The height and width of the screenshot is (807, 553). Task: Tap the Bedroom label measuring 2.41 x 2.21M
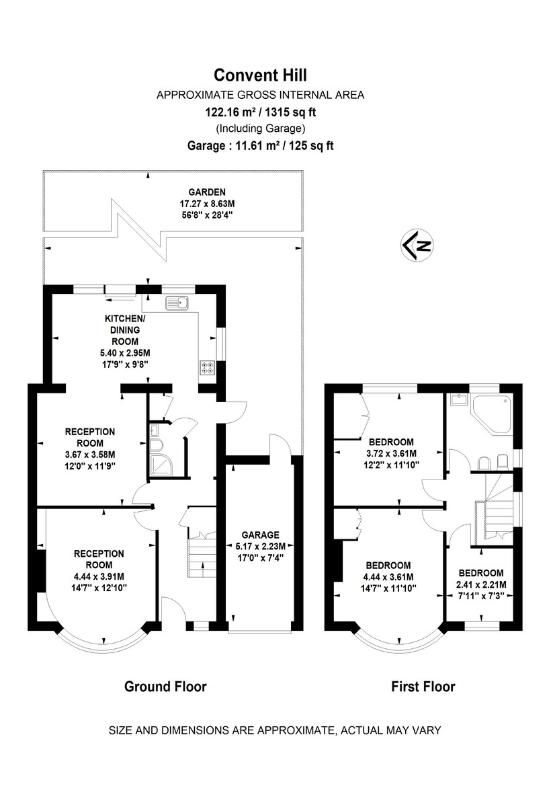coord(481,572)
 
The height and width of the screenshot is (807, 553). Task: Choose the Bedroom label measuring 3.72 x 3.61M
coord(391,442)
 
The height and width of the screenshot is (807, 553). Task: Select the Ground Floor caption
coord(165,687)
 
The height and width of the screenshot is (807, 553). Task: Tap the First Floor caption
coord(423,687)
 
